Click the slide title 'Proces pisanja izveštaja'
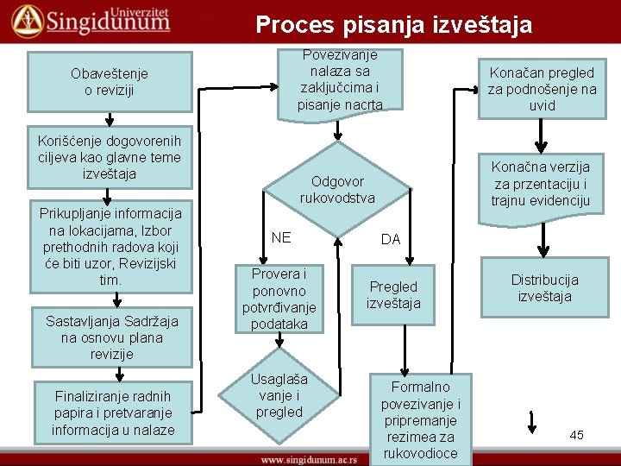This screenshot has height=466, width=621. coord(394,25)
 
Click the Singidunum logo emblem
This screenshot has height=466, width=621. coord(26,20)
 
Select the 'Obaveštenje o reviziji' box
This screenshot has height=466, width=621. coord(110,82)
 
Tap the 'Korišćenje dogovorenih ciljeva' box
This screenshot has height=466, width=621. coord(110,158)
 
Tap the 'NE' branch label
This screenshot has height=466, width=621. coord(281,237)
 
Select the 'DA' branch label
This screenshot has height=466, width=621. coord(391,239)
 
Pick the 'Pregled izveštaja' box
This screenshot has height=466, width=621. coord(393,295)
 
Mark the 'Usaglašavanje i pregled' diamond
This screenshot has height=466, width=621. coord(279,396)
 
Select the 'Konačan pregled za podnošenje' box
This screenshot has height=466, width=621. coord(542,88)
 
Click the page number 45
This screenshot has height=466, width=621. coord(576,435)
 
